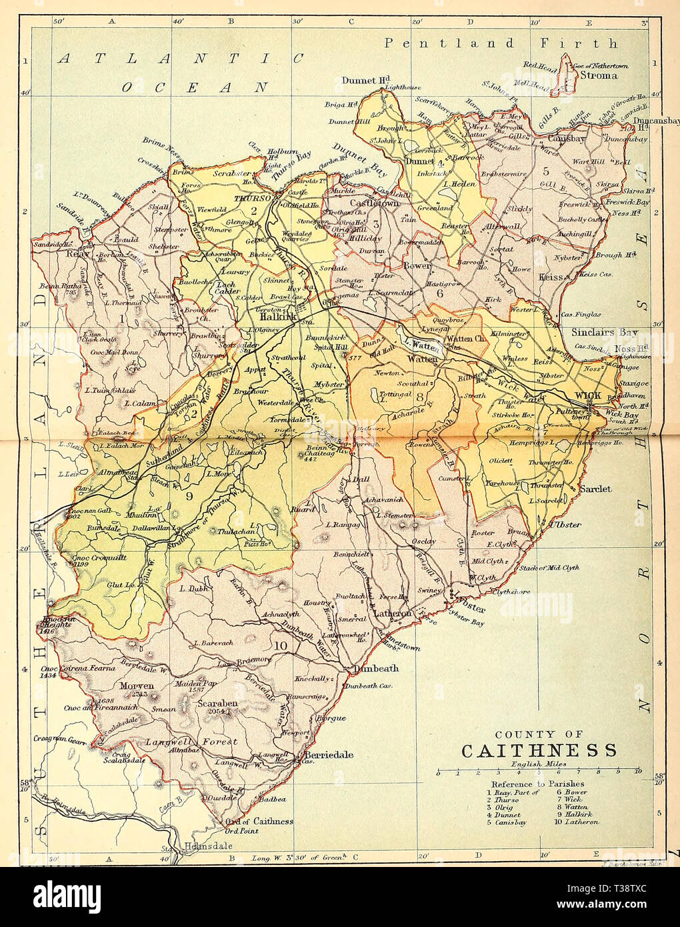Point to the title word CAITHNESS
539,750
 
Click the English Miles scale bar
539,772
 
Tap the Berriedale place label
329,755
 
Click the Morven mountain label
137,686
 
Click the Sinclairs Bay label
604,332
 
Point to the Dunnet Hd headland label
365,80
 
